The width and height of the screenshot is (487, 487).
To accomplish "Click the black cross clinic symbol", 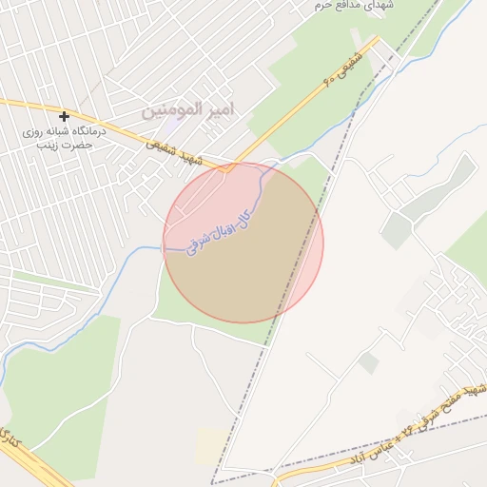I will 64,117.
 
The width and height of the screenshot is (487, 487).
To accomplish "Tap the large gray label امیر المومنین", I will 200,110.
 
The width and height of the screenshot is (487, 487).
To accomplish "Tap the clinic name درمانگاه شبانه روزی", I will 64,132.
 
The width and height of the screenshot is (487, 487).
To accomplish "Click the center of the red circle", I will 243,243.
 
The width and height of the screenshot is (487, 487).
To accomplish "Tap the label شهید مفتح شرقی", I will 456,399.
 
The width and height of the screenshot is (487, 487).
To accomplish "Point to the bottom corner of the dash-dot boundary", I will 212,482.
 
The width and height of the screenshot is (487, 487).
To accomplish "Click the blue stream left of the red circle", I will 143,250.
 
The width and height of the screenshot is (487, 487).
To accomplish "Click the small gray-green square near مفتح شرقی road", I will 368,362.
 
